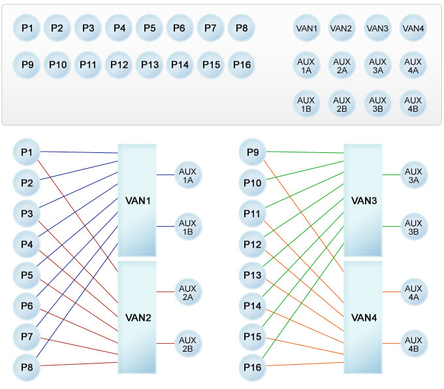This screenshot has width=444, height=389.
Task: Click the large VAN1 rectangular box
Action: tap(137, 200)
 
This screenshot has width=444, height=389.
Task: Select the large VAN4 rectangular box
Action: tap(363, 318)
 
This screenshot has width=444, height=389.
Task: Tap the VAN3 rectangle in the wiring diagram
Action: tap(363, 200)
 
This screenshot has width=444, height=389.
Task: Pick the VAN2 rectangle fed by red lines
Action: tap(137, 318)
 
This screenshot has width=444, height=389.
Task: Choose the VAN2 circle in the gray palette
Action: tap(341, 29)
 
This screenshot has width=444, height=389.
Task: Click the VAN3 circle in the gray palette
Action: tap(377, 29)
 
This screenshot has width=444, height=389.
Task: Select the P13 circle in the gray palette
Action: tap(150, 65)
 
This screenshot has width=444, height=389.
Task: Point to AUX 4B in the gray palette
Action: tap(413, 105)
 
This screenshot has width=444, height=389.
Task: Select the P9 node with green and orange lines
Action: tap(253, 153)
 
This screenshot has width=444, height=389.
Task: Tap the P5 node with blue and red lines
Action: tap(27, 275)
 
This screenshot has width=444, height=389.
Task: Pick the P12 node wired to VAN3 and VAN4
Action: tap(253, 245)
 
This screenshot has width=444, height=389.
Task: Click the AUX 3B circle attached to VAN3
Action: tap(413, 226)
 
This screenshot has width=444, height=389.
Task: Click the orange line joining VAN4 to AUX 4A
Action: tap(391, 292)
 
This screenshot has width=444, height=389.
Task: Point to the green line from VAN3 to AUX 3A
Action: tap(391, 175)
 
